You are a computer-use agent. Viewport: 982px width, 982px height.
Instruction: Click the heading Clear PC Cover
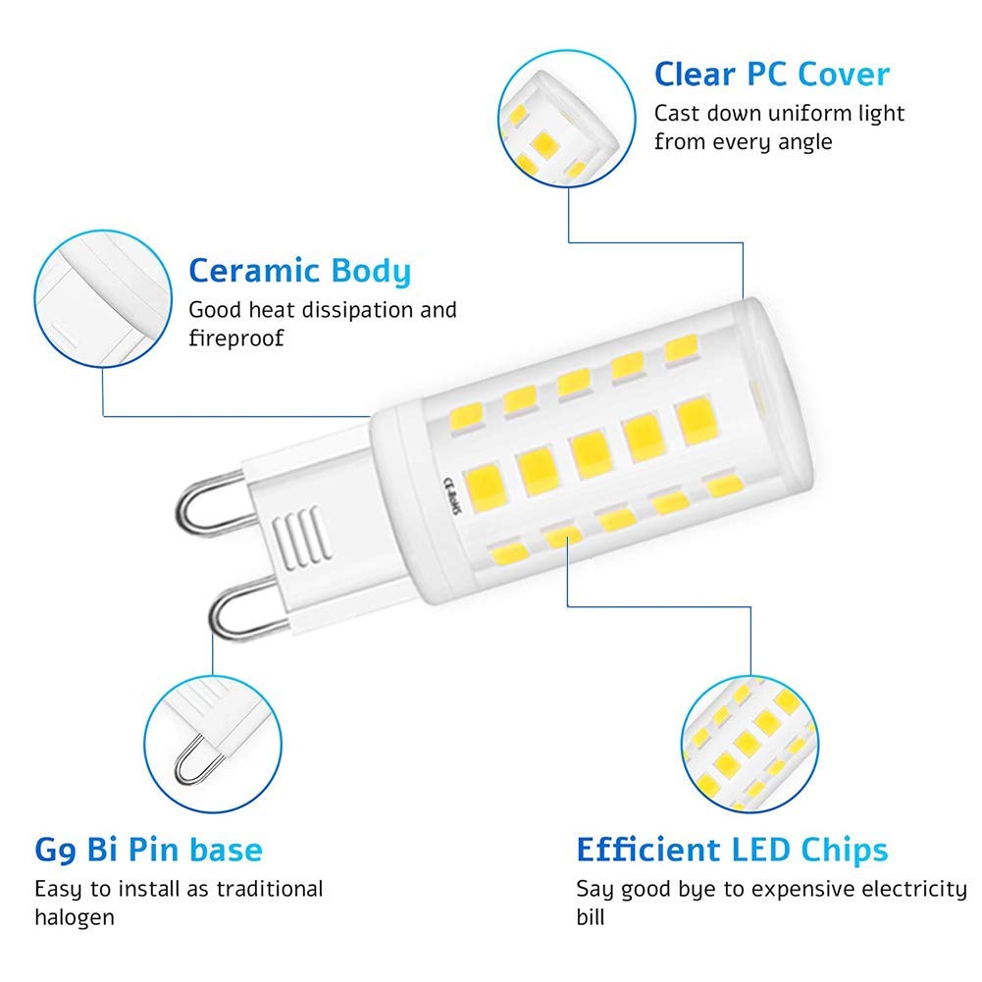point(772,75)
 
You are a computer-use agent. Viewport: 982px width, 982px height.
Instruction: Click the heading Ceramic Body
point(299,271)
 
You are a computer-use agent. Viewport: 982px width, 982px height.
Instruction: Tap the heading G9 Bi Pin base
point(148,849)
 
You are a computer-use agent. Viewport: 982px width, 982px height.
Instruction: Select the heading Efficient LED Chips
point(732,849)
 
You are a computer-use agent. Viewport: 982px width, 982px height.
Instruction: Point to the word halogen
point(75,918)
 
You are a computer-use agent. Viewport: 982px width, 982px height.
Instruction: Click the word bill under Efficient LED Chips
point(591,918)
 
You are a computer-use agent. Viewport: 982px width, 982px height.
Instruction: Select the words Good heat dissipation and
point(322,310)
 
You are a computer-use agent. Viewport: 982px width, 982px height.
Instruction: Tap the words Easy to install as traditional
point(179,890)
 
